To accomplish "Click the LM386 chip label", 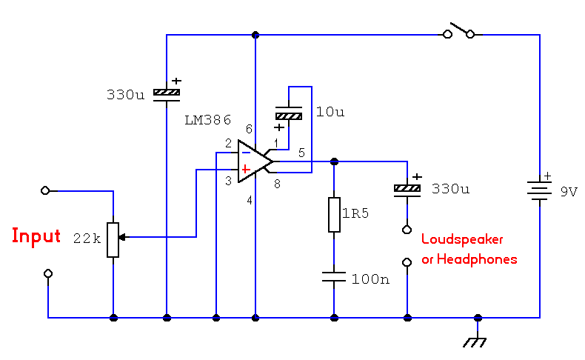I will tap(208, 119).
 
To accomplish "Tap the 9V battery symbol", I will tap(540, 190).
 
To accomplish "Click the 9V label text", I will tap(568, 191).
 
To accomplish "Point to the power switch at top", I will tap(459, 32).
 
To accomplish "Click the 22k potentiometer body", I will tap(113, 239).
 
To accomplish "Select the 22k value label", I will tap(86, 239).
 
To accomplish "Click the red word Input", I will tap(36, 236).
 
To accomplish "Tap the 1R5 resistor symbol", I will tap(334, 215).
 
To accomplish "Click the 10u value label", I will tap(330, 113).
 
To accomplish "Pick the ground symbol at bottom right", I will tap(478, 340).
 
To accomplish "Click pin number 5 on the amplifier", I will tap(301, 153).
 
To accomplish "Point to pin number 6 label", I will tap(250, 129).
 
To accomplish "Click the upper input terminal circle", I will tap(46, 190).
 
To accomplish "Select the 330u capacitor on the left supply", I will tap(166, 94).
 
